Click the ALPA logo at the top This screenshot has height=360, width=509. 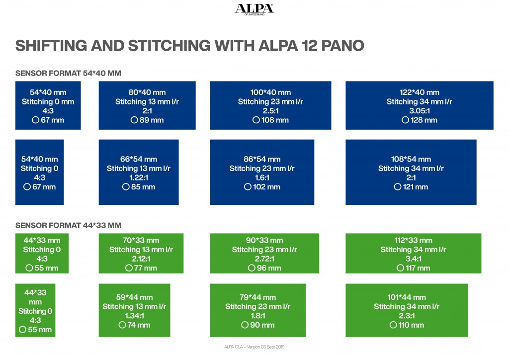[x=254, y=9]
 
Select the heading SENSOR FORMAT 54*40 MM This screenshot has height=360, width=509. [x=68, y=73]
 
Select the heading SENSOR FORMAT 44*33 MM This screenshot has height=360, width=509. [x=68, y=225]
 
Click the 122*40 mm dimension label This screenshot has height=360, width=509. [x=420, y=92]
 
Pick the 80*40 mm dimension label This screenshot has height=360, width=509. [x=147, y=92]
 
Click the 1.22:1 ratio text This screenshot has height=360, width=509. [x=139, y=178]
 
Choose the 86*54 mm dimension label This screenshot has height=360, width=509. [x=262, y=159]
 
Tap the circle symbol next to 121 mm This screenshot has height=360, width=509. [x=397, y=187]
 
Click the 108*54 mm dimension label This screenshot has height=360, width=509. [x=411, y=159]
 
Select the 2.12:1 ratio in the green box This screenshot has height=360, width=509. [x=141, y=259]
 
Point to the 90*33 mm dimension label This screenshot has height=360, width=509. [x=264, y=241]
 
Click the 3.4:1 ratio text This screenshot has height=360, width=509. [x=413, y=259]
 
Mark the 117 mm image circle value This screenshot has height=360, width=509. [x=418, y=268]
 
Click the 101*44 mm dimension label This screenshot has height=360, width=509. [x=407, y=297]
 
